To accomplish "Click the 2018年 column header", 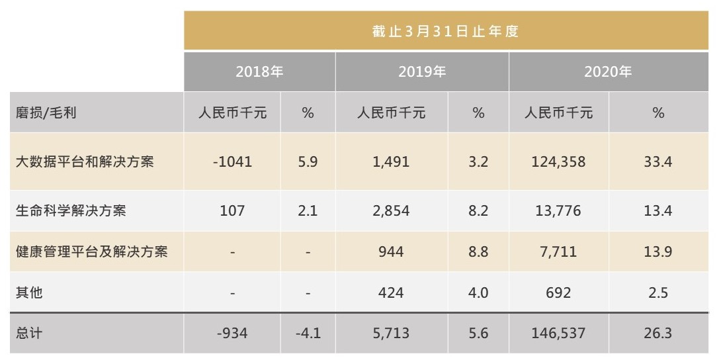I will (259, 71).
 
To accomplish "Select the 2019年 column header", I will (421, 71).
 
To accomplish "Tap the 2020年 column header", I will (607, 71).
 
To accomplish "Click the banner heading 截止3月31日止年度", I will (445, 31).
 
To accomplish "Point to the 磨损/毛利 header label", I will (46, 112).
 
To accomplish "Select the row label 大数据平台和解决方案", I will (85, 161).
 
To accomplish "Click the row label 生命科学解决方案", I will (71, 211).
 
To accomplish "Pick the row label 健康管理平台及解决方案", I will (91, 252).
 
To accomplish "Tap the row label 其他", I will (29, 292).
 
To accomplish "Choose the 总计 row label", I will (29, 333).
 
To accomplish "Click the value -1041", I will (232, 161).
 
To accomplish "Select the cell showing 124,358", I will (558, 161).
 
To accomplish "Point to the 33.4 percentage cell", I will (657, 161).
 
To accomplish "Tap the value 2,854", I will (391, 211).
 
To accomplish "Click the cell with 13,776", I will (558, 211).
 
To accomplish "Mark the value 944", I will (391, 252).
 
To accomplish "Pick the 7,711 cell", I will (558, 252).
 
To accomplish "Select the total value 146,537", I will (558, 333).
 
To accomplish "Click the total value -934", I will (232, 333).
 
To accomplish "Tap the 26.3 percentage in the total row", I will (657, 333).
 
